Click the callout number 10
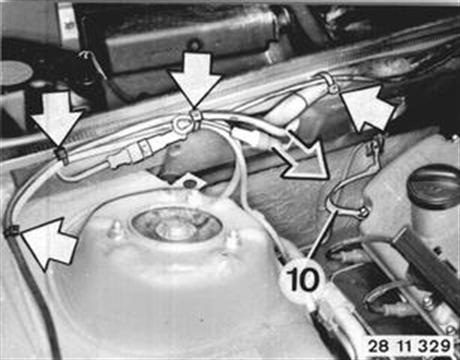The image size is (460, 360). click(302, 279)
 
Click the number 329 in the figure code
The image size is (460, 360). click(434, 346)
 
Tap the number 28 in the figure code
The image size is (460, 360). click(379, 346)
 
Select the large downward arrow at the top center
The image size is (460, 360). click(194, 81)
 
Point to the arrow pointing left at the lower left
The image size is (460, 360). click(49, 243)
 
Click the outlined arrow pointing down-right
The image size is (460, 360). click(303, 155)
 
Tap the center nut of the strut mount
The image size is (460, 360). click(176, 227)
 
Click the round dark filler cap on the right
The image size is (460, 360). click(433, 185)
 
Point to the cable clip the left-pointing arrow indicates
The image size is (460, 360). click(12, 230)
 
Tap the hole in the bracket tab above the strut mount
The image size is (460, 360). click(190, 184)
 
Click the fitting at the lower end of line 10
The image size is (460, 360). click(363, 212)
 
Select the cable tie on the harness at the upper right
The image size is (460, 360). click(329, 83)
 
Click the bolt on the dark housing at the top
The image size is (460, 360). click(195, 44)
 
